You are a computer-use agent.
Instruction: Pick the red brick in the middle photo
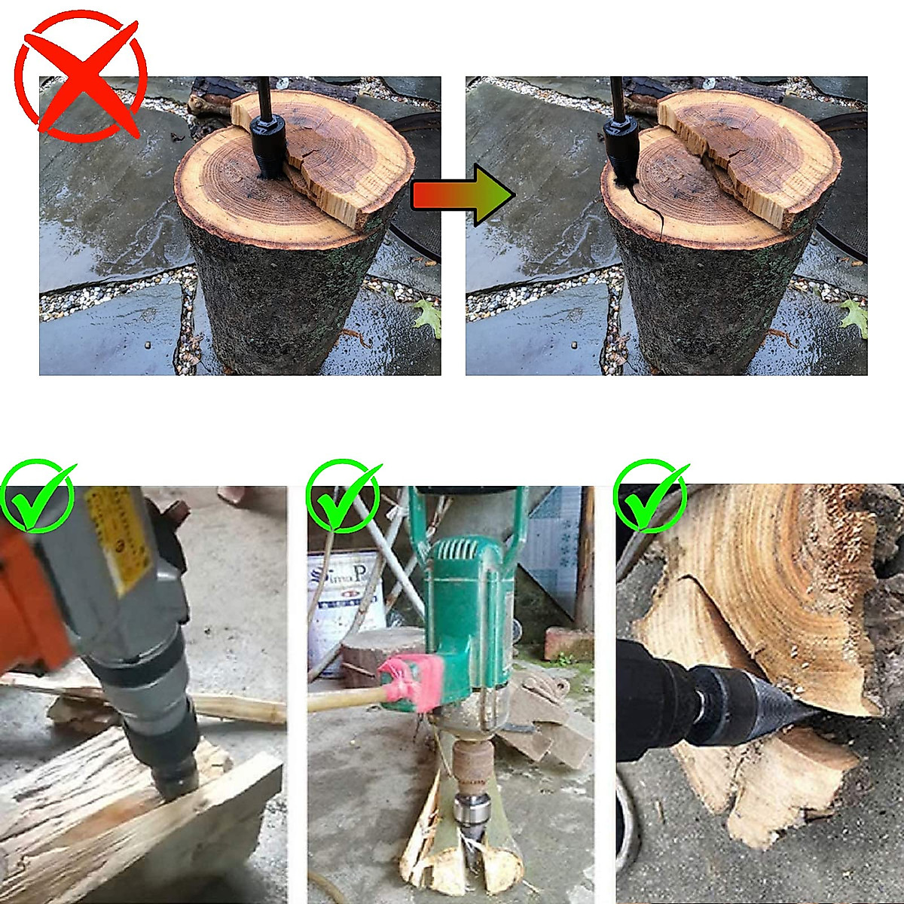(x=568, y=644)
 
